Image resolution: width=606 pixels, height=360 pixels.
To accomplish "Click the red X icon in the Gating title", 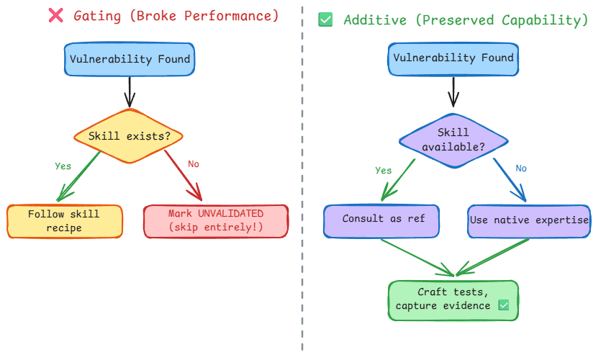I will tap(55, 15).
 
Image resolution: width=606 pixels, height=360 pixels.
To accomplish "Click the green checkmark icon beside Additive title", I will tap(325, 20).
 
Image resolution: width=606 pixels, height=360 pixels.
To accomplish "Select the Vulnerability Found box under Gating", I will tap(130, 59).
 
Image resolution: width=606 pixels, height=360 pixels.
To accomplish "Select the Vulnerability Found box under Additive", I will tap(453, 58).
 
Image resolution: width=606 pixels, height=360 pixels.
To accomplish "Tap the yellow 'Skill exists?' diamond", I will tap(130, 136).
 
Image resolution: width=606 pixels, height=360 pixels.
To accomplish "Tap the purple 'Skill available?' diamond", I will tap(453, 140).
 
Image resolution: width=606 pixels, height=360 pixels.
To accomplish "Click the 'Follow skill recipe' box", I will tap(64, 221).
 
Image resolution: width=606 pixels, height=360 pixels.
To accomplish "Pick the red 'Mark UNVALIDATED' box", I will tap(216, 221).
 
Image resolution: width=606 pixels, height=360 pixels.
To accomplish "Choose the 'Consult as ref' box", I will tap(381, 220).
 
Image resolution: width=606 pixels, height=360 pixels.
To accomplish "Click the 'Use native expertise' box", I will tap(529, 220).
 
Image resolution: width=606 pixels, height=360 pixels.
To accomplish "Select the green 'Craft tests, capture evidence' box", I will tap(453, 300).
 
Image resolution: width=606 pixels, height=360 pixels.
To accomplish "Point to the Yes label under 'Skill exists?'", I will tap(63, 166).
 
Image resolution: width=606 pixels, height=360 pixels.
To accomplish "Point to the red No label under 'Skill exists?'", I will tap(194, 165).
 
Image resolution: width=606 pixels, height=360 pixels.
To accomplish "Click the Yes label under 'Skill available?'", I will tap(384, 171).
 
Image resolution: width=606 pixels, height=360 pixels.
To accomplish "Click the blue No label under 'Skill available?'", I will tap(521, 168).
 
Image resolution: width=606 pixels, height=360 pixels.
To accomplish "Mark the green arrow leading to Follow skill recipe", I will tap(79, 175).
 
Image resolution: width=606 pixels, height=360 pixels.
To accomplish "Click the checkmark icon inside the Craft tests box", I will tap(504, 306).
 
